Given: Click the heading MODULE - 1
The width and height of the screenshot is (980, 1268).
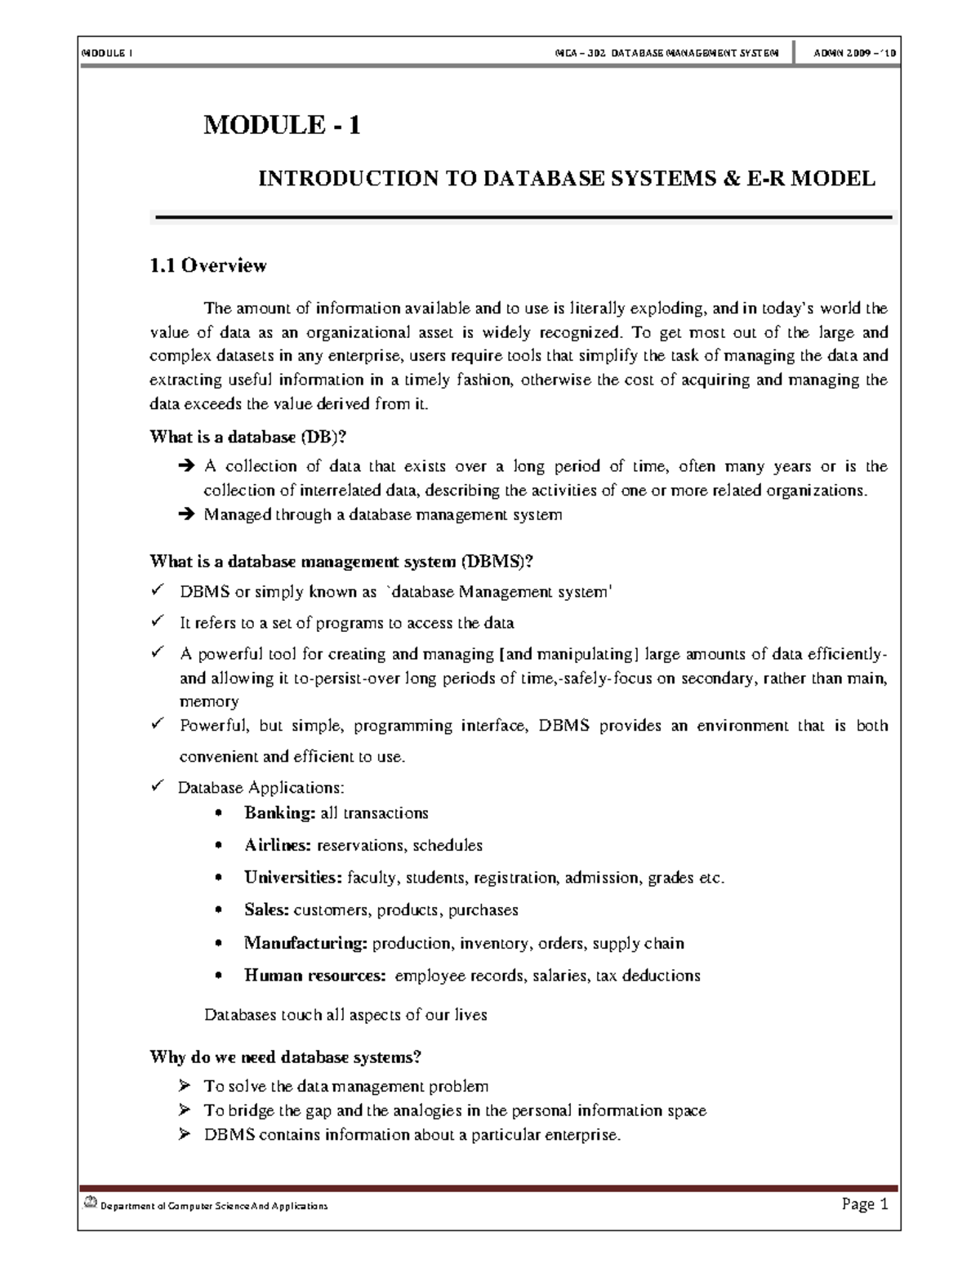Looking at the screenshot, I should pos(282,125).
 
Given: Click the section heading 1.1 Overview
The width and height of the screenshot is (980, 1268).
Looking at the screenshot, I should pos(208,265).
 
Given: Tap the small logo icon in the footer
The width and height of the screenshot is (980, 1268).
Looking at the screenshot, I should pos(89,1203).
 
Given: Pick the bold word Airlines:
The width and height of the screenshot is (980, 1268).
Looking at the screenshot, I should pos(278,845).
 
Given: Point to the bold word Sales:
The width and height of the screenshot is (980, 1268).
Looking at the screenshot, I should pos(266,910).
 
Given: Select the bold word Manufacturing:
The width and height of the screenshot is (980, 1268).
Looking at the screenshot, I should pos(306,943).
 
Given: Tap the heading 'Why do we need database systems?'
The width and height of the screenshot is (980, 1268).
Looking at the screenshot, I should pos(286,1057).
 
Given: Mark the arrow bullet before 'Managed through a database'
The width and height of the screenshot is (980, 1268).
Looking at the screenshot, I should pos(185,515).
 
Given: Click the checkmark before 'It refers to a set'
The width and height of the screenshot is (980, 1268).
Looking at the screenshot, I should pos(158,622).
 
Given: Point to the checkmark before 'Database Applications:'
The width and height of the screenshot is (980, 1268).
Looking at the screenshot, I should pos(158,787).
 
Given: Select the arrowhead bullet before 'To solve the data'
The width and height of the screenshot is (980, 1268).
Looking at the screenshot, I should pos(185,1086).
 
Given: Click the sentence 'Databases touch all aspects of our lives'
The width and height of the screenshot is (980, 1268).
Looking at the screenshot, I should pos(345,1015).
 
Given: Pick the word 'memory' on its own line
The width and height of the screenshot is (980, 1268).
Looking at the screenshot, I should pos(209,701).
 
